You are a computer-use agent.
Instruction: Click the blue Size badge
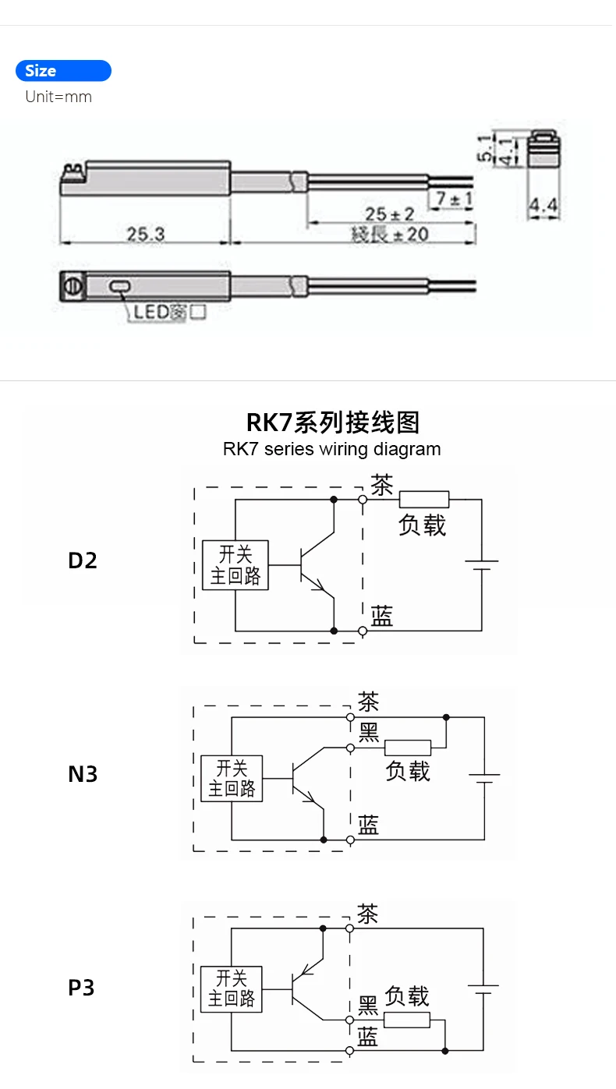63,71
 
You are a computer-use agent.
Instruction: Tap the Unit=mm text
58,97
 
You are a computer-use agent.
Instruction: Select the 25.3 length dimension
146,233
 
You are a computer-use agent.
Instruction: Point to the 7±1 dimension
454,199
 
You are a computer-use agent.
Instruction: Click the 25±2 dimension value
390,214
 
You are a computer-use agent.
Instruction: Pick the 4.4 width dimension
543,206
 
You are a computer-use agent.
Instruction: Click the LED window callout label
168,313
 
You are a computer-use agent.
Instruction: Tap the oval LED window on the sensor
119,288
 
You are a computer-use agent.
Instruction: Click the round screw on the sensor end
69,285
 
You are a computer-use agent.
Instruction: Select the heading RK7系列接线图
333,423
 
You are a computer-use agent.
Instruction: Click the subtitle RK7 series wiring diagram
331,449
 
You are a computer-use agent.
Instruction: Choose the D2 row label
83,560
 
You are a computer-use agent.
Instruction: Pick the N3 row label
83,774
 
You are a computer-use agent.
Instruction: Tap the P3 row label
81,988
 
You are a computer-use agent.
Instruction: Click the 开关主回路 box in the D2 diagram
235,565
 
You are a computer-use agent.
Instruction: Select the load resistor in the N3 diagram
407,747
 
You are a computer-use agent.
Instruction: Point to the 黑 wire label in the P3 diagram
367,1007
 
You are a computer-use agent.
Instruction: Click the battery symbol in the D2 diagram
481,564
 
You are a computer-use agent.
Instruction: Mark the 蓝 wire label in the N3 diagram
368,825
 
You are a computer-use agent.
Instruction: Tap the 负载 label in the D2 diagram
422,525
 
